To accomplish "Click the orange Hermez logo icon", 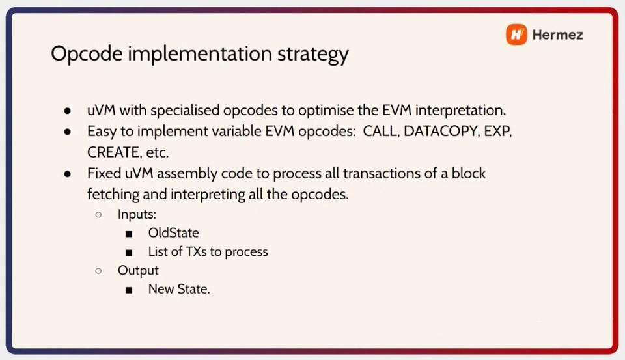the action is (516, 35).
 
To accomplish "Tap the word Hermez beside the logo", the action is (558, 35).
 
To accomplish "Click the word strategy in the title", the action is (313, 55).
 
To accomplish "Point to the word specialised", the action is (185, 111).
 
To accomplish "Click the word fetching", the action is (113, 195).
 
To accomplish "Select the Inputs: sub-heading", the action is (137, 215).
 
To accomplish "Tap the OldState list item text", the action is (173, 233).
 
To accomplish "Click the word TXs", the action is (196, 251).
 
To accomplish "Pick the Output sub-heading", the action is (138, 271).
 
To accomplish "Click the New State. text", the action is (179, 289).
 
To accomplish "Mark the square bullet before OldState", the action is (129, 234).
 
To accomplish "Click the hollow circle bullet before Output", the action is (98, 271).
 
